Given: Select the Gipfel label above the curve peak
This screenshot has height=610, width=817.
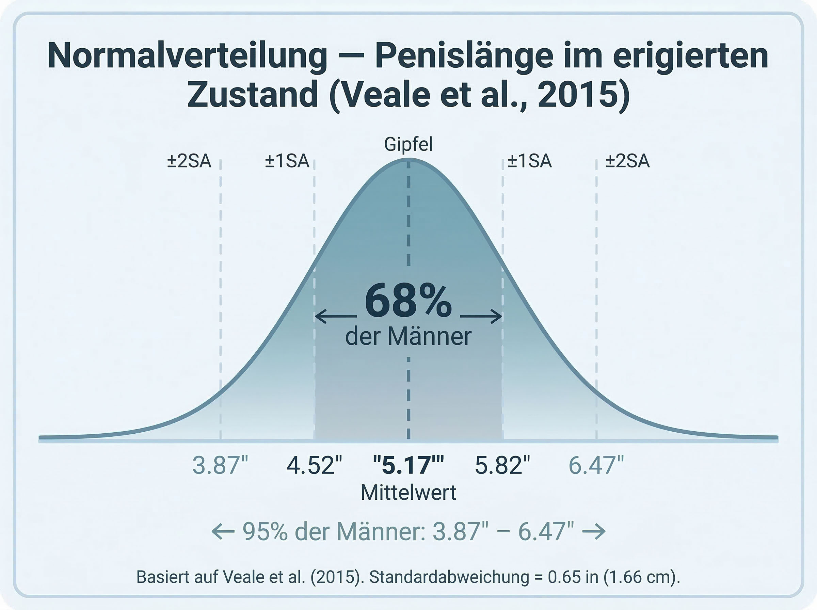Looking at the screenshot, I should (x=408, y=144).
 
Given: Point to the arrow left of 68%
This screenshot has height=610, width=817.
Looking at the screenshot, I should (x=336, y=317).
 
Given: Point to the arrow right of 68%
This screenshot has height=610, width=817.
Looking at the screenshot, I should (x=481, y=317).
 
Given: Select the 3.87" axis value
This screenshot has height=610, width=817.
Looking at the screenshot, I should (x=220, y=465).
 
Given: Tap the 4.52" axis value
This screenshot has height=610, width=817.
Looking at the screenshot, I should (x=314, y=465).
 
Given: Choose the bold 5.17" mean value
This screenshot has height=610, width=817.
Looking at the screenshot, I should (x=408, y=465).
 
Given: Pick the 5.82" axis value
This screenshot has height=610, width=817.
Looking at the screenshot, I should (x=502, y=465).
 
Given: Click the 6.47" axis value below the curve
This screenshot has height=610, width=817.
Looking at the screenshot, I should (x=596, y=465).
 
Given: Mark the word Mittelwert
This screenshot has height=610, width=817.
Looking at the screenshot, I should (x=408, y=493).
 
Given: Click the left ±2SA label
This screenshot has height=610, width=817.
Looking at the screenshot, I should (x=189, y=161).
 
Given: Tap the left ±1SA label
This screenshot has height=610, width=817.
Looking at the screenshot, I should (x=287, y=161).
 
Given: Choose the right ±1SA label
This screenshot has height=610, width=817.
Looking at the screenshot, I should (x=529, y=161).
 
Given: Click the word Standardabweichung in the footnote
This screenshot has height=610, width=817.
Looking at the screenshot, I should (x=449, y=577).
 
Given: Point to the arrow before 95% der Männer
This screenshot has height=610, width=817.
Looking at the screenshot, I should (x=223, y=532).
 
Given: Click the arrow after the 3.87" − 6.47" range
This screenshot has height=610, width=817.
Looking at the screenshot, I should (x=594, y=532).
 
